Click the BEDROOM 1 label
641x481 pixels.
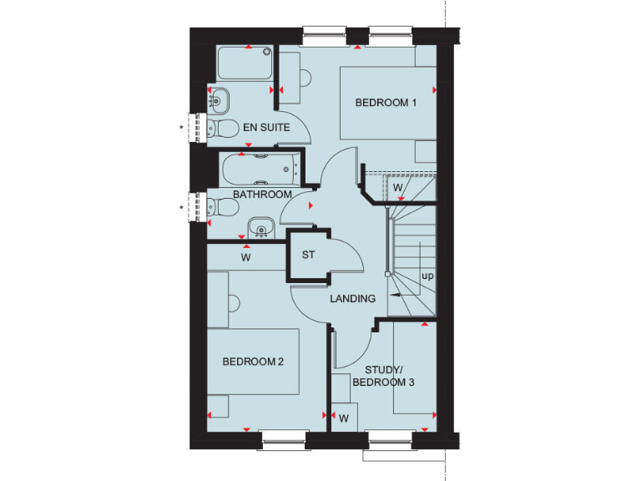point(386,103)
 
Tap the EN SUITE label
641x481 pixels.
point(266,128)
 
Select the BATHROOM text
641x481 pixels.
point(262,195)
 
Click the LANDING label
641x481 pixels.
point(352,298)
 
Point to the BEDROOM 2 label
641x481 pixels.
point(254,362)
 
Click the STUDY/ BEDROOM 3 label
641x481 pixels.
point(383,376)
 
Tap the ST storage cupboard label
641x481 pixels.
point(308,255)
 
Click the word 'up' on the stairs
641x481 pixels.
point(427,276)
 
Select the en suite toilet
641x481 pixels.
point(219,128)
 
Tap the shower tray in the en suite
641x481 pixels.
point(245,64)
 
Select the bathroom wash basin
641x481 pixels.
point(260,227)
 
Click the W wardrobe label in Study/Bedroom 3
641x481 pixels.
point(343,416)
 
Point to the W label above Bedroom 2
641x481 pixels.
point(245,258)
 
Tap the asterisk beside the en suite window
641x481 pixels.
point(182,128)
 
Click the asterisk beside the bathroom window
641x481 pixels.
point(182,206)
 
